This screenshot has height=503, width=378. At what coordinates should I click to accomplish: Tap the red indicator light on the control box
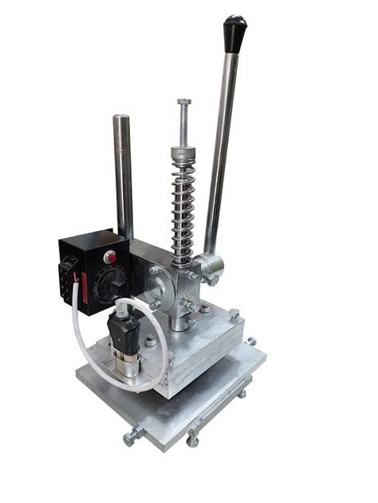(x=110, y=257)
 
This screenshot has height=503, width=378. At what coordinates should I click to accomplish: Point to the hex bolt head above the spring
(x=184, y=103)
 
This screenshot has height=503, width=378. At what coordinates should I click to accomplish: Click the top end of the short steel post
(x=120, y=119)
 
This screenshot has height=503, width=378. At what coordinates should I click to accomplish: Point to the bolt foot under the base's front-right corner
(x=192, y=439)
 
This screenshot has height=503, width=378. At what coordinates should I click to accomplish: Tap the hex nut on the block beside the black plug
(x=150, y=341)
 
